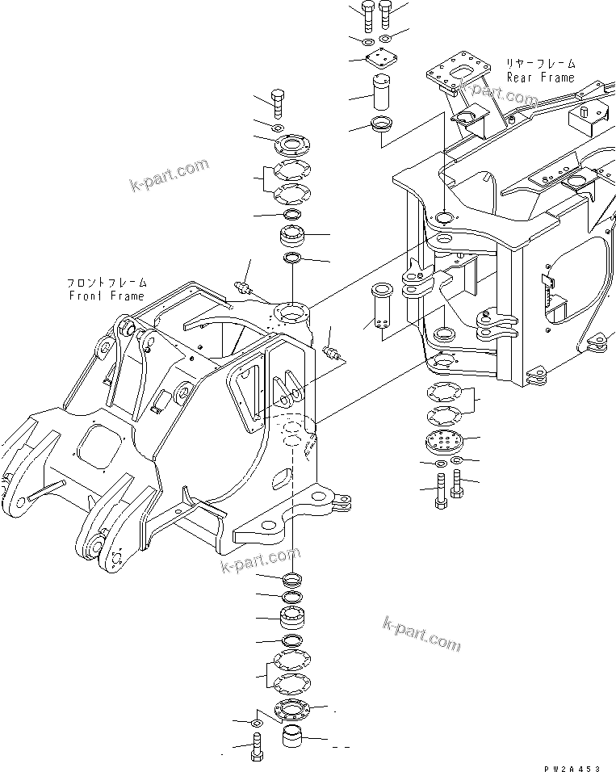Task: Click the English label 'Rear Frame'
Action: click(x=540, y=78)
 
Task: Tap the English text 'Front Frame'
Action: click(x=106, y=296)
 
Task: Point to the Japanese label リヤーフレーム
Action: click(x=541, y=63)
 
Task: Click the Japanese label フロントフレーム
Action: click(x=107, y=283)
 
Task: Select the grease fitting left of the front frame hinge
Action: click(x=243, y=287)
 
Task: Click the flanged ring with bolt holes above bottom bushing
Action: click(x=291, y=711)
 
